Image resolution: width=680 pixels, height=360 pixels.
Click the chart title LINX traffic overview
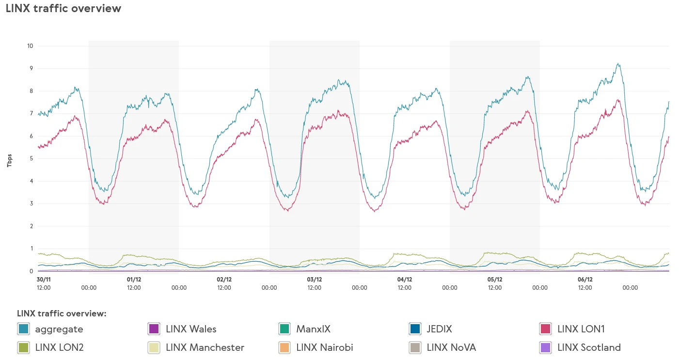pos(63,9)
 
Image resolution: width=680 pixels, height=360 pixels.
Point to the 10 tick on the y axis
pos(30,46)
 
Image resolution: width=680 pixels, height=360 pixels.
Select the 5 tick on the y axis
pos(31,158)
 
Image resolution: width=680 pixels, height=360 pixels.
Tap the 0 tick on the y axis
pos(31,271)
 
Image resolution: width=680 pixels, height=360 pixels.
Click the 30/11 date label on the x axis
pos(44,280)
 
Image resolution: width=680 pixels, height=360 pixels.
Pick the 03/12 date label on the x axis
pos(314,280)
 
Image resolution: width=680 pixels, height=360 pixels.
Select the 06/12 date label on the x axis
pos(585,280)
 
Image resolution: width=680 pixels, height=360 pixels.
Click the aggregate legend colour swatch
pos(23,329)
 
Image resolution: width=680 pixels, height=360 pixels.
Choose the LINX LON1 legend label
pos(581,329)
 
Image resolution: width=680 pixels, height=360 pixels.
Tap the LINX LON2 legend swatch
pos(23,347)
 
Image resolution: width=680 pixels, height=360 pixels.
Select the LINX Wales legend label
pos(191,329)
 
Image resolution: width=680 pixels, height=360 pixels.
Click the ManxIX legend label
pos(313,329)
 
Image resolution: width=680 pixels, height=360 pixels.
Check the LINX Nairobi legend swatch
pos(285,347)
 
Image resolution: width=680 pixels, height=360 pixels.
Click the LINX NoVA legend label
pos(451,347)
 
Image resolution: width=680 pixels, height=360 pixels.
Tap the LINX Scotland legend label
pos(589,347)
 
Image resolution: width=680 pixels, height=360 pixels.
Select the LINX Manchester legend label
pos(205,347)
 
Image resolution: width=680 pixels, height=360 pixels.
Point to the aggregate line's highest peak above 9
pos(618,63)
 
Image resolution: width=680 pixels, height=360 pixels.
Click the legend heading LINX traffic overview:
pos(62,313)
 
